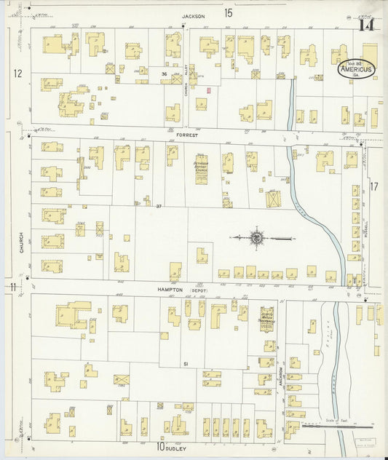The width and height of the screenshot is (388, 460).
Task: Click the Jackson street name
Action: pos(194,15)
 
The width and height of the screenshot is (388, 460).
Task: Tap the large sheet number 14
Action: pos(366,25)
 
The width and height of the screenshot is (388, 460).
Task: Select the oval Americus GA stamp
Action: pos(357,70)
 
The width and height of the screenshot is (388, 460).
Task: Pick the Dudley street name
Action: pos(175,448)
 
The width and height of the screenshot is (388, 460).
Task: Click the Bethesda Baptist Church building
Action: pos(202,168)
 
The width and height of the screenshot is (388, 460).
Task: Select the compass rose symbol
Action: pos(257,237)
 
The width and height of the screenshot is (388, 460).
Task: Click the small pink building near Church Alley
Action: pos(208,90)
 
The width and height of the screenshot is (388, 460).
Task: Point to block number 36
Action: pos(165,74)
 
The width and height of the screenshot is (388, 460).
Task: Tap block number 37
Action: pos(158,207)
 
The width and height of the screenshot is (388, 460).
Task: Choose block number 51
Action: pos(186,363)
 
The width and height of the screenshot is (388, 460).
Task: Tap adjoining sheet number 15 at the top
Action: pos(229,12)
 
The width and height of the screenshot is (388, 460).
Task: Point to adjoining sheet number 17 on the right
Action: pos(374,186)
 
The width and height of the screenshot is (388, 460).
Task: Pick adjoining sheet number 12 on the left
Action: pos(17,74)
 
